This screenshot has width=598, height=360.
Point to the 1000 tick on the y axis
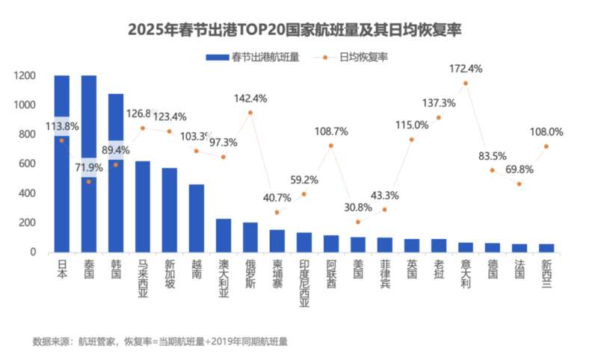[25, 105]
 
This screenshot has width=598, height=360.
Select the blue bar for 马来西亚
[143, 207]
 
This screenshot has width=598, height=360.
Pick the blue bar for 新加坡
[170, 210]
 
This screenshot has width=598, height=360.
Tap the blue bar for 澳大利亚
[224, 235]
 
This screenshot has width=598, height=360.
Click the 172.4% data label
[466, 69]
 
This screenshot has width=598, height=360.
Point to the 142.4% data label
[250, 99]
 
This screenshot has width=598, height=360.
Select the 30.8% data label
[358, 208]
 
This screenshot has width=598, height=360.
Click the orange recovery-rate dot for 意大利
[466, 83]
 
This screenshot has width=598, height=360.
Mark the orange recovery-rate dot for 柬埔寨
[277, 212]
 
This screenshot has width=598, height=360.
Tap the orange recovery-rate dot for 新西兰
[546, 146]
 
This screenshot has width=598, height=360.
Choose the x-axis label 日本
[62, 269]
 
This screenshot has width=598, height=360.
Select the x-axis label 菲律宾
[385, 273]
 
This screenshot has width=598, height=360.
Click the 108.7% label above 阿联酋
[331, 131]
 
